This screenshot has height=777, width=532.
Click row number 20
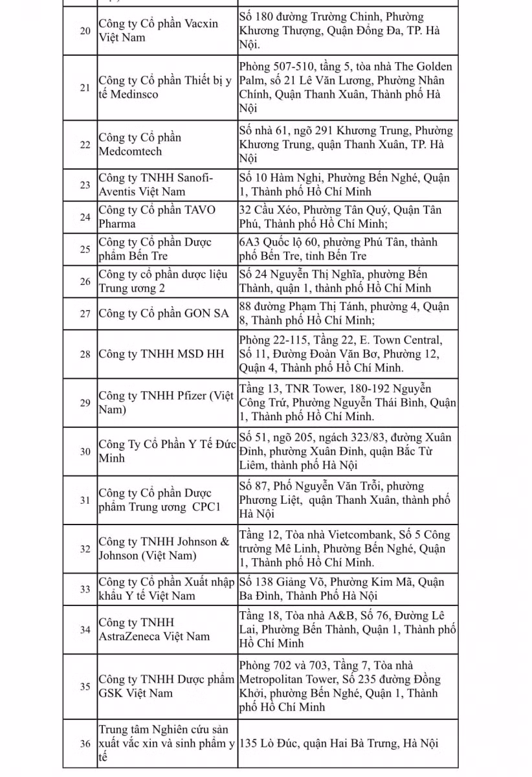(x=85, y=31)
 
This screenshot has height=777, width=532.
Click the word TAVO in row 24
(x=201, y=210)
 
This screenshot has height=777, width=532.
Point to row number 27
(x=85, y=313)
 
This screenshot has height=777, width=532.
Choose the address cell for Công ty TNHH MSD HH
(x=348, y=354)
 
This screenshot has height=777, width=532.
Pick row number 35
(x=85, y=686)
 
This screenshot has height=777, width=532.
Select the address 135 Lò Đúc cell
(x=348, y=743)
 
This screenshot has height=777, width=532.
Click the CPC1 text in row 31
(x=206, y=506)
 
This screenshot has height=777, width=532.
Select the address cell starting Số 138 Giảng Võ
(x=348, y=589)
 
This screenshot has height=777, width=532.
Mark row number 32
(x=85, y=548)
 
